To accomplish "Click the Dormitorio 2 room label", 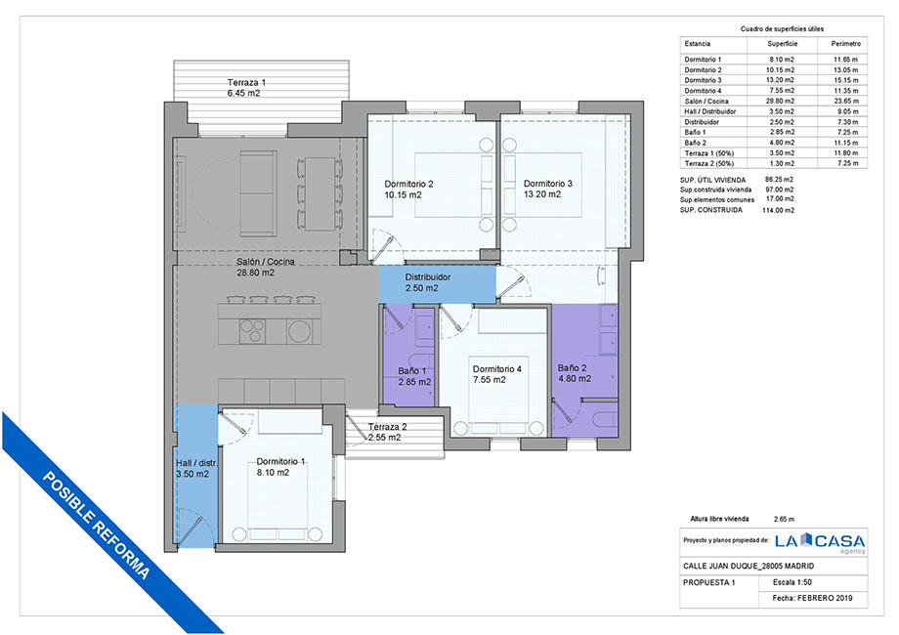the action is [x=408, y=184].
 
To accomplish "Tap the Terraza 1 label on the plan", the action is [x=246, y=82].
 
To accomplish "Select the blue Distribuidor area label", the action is [x=428, y=277].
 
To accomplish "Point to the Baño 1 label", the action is [x=412, y=371].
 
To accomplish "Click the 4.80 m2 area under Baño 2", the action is [x=575, y=379].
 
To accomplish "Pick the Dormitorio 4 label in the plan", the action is [x=497, y=369].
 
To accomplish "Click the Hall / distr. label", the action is [x=196, y=463].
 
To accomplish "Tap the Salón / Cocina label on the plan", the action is [x=266, y=262].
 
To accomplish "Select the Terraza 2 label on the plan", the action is [x=388, y=427].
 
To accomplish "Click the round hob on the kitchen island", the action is [x=299, y=330].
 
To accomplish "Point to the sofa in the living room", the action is [x=258, y=193].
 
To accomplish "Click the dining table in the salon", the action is [x=320, y=193].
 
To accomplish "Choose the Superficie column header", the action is [x=782, y=44].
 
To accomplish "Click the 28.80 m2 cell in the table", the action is [x=782, y=101].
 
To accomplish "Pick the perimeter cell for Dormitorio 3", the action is [x=846, y=80].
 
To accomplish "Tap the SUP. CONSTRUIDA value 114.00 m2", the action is [x=778, y=210].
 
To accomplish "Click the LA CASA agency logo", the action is [x=820, y=541].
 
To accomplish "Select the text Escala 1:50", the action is [x=792, y=582].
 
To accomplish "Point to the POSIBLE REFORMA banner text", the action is [x=97, y=526].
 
